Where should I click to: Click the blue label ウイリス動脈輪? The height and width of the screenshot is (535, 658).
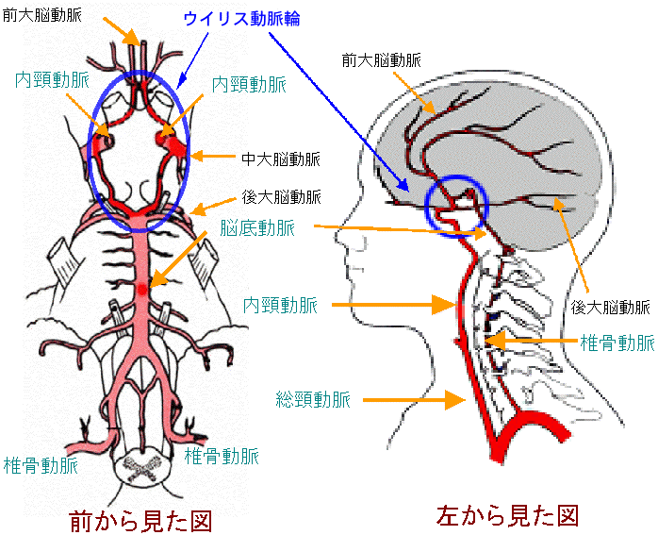(241, 19)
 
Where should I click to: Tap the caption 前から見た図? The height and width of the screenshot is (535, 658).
(140, 521)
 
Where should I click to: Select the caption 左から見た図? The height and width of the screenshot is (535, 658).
(507, 515)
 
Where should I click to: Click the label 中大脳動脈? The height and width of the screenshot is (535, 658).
(281, 159)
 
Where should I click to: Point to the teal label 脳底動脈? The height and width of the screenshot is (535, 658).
(257, 228)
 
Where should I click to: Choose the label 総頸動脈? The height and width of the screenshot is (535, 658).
(313, 399)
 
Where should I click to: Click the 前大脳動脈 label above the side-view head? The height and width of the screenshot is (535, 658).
(382, 61)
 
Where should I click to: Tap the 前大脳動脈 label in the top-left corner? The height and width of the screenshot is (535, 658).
(42, 15)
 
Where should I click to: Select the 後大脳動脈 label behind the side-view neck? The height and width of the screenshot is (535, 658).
(610, 308)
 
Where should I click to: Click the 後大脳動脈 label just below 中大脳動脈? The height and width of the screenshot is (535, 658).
(281, 197)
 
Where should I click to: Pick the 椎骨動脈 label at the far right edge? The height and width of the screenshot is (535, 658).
(617, 343)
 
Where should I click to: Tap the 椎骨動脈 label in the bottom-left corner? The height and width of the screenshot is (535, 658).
(41, 466)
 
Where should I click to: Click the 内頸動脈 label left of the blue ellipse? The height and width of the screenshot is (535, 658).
(53, 79)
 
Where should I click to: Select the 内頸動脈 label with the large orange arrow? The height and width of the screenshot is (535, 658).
(280, 306)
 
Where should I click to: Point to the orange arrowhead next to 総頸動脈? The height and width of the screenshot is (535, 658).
(455, 400)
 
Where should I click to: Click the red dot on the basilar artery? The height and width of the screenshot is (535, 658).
(142, 289)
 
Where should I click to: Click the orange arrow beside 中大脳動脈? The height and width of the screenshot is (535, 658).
(213, 157)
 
